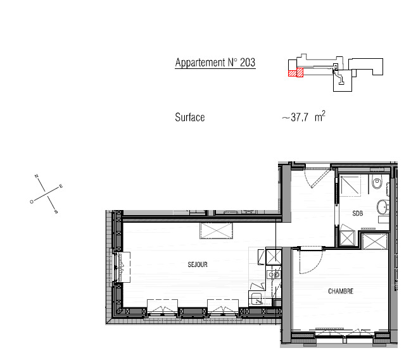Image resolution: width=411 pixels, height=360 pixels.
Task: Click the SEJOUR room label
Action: click(198, 264)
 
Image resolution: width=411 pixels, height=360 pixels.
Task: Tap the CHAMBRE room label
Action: click(341, 291)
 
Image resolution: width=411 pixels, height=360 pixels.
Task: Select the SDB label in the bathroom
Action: click(358, 213)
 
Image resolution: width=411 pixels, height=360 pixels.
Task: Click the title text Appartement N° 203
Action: click(215, 63)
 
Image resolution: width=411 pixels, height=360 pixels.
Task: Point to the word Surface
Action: click(190, 117)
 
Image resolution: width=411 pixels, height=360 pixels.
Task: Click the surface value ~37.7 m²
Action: click(303, 116)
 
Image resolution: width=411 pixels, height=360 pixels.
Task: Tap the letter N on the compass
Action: click(37, 176)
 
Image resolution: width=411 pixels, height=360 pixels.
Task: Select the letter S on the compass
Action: click(56, 211)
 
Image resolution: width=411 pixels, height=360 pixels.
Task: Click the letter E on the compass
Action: click(61, 187)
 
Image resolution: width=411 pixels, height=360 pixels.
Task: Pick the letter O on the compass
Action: click(32, 202)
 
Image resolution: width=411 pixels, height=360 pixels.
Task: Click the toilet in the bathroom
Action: click(377, 182)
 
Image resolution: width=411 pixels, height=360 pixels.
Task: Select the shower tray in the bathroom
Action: click(350, 185)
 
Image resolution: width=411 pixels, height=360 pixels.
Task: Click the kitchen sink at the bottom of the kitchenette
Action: click(257, 299)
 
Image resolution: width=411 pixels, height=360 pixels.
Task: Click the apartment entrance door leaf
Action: click(320, 178)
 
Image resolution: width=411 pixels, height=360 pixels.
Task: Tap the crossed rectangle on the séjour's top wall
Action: click(216, 231)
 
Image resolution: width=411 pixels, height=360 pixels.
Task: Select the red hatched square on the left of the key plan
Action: click(292, 73)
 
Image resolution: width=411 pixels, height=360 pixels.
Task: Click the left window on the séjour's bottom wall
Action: click(162, 306)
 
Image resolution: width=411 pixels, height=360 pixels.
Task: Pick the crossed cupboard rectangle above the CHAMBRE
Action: click(374, 242)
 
